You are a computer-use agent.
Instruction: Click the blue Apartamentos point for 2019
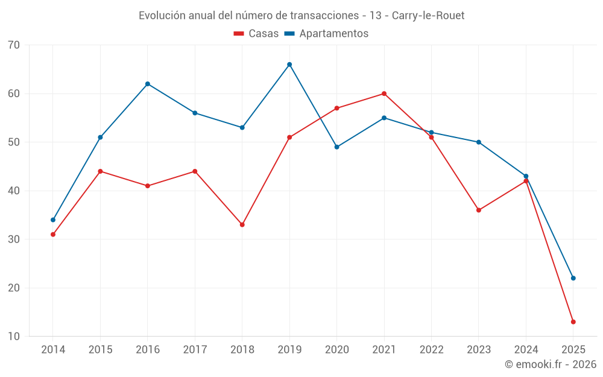[x=289, y=65]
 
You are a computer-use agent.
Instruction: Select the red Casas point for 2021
[x=384, y=93]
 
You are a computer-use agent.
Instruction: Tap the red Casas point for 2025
[x=573, y=322]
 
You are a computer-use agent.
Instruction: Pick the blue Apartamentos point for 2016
[x=148, y=84]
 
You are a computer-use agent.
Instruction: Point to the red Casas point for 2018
[x=242, y=224]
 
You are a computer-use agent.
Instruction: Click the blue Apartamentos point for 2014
[x=53, y=220]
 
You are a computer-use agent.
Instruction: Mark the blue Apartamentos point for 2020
[x=336, y=147]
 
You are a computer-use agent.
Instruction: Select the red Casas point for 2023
[x=479, y=210]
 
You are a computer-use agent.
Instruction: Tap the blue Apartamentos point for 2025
[x=573, y=278]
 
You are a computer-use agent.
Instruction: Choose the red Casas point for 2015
[x=100, y=171]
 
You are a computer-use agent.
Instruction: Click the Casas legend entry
[x=256, y=34]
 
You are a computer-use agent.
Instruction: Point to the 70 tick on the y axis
[x=14, y=45]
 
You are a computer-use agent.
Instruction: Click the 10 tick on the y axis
[x=14, y=336]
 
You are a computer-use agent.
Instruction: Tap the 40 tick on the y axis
[x=14, y=191]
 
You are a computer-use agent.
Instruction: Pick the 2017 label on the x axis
[x=195, y=350]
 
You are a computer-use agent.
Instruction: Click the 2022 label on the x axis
[x=431, y=350]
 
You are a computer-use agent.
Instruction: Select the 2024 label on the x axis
[x=526, y=350]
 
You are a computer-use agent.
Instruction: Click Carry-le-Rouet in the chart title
[x=428, y=16]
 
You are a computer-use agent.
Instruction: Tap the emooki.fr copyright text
[x=551, y=364]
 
